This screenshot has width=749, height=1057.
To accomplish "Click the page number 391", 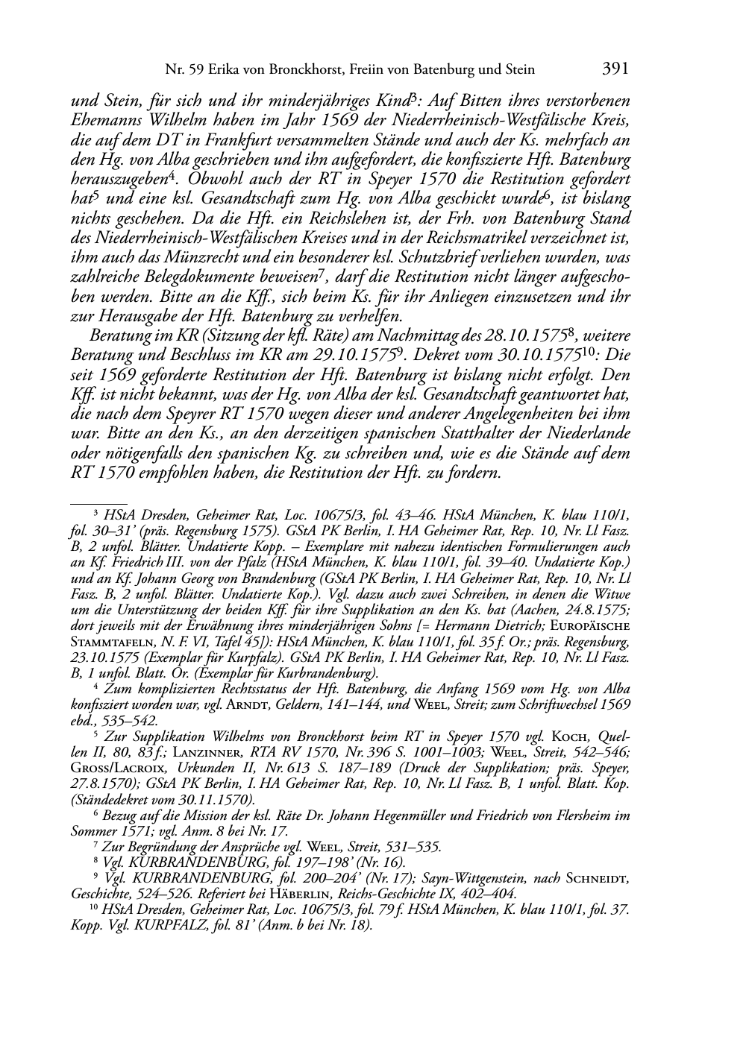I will coord(615,69).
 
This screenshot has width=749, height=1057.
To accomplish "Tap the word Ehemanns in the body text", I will coord(107,121).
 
